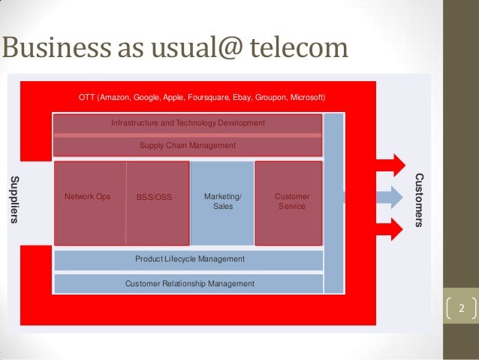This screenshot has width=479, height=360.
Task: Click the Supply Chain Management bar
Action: (188, 146)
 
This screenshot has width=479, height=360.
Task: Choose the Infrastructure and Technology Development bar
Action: (188, 123)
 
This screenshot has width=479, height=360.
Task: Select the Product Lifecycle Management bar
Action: (189, 259)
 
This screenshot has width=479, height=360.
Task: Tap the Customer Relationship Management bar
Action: (189, 284)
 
